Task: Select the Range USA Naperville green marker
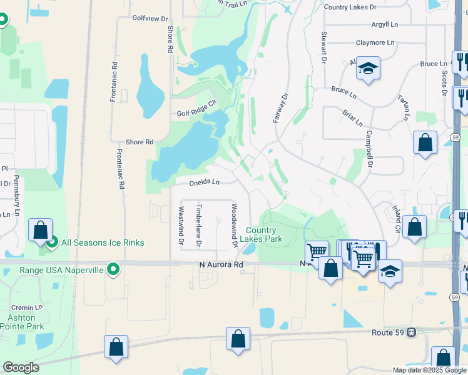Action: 113,270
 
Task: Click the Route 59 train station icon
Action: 411,332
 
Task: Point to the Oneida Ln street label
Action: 205,182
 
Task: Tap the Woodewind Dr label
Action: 234,225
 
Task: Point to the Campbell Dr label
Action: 369,156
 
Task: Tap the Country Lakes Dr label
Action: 350,7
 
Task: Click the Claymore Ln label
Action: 375,43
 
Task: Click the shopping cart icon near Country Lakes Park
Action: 317,251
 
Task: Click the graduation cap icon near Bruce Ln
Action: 369,68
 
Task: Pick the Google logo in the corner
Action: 21,367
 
